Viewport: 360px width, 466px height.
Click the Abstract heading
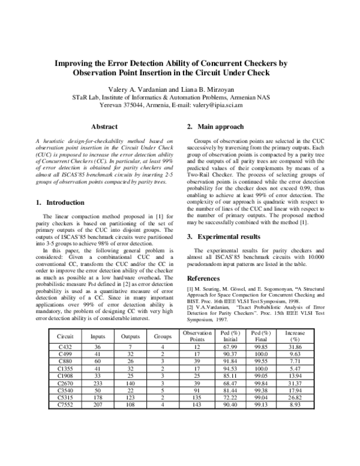point(103,127)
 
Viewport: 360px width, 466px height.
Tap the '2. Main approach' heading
point(215,127)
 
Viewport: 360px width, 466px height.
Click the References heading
point(208,279)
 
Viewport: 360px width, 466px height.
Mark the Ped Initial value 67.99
point(231,347)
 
